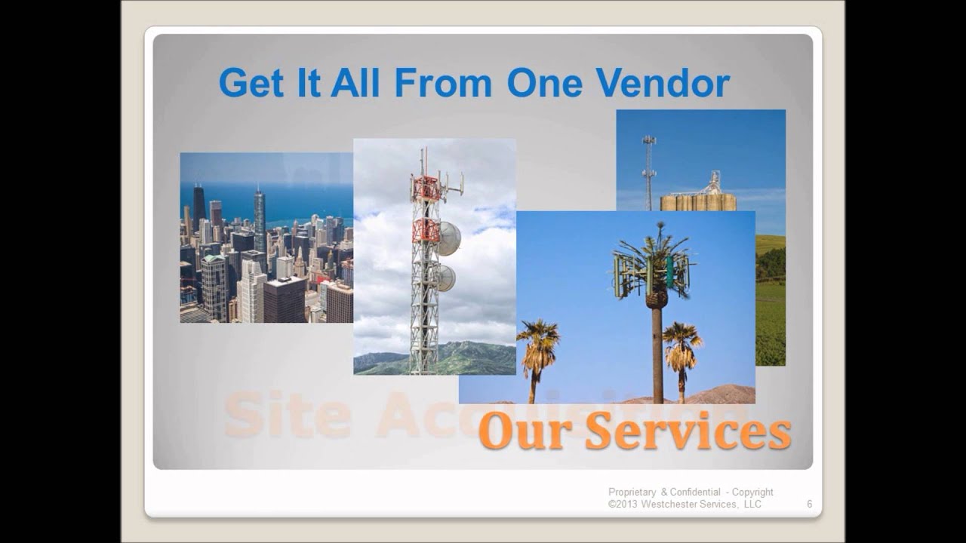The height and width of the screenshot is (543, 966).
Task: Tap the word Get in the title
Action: pos(245,83)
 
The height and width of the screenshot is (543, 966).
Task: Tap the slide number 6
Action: pos(809,504)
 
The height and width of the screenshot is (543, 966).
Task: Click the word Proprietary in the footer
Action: pos(632,492)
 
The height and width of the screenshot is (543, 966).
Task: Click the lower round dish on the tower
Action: pos(447,278)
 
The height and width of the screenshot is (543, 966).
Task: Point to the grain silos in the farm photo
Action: pos(697,200)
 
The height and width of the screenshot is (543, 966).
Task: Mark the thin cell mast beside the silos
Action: pos(648,172)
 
